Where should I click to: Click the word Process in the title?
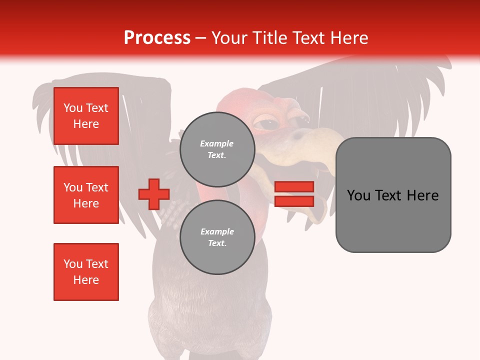(x=157, y=38)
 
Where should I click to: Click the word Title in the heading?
(x=269, y=38)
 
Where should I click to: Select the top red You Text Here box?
(x=86, y=116)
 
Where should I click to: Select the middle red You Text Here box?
(x=86, y=195)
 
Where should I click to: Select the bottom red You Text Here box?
(x=86, y=272)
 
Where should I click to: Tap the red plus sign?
(x=154, y=194)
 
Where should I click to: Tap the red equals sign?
(x=294, y=194)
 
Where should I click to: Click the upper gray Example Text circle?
(x=217, y=149)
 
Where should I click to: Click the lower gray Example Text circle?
(x=217, y=237)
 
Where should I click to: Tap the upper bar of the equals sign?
(x=294, y=186)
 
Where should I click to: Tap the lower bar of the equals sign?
(x=294, y=201)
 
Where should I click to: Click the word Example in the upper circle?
(x=217, y=143)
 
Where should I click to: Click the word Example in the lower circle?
(x=217, y=231)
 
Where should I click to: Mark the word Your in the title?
(x=229, y=38)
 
